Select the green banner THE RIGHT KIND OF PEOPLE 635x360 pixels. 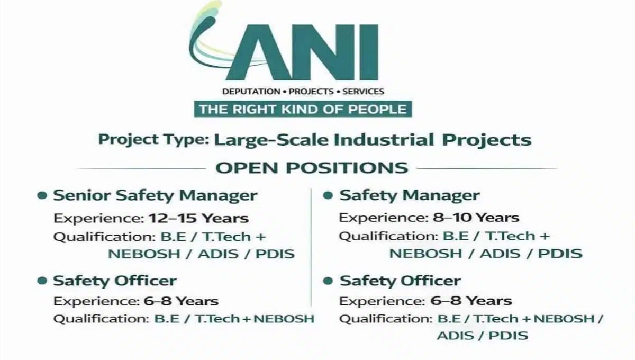pyautogui.click(x=303, y=110)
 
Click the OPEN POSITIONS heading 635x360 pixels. pyautogui.click(x=312, y=168)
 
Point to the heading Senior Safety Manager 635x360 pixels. pyautogui.click(x=155, y=195)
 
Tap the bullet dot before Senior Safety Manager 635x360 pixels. pyautogui.click(x=42, y=196)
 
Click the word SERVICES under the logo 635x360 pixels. pyautogui.click(x=363, y=92)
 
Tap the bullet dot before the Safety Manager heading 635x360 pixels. pyautogui.click(x=328, y=196)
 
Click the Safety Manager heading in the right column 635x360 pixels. pyautogui.click(x=410, y=195)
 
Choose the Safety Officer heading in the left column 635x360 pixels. pyautogui.click(x=115, y=281)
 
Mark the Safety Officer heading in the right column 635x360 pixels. pyautogui.click(x=400, y=281)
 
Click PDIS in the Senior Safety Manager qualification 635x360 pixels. pyautogui.click(x=275, y=254)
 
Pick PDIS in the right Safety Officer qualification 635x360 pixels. pyautogui.click(x=508, y=335)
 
